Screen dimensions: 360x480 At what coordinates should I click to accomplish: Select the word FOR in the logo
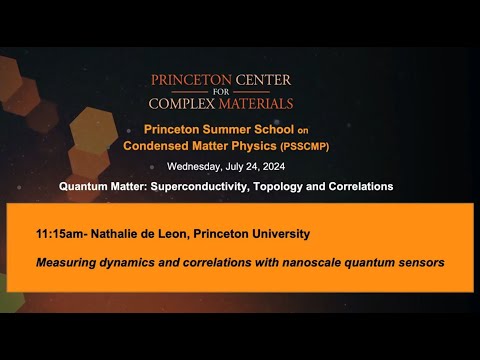(x=222, y=92)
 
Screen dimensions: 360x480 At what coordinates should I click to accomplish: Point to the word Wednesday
(x=194, y=166)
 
